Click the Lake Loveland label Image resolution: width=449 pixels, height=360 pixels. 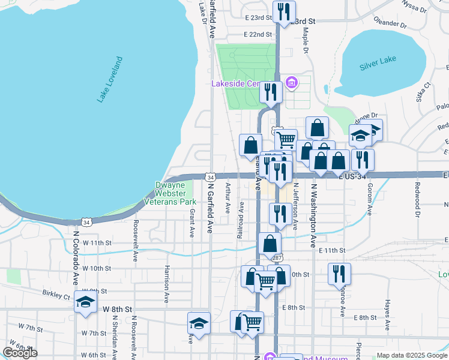coord(110,80)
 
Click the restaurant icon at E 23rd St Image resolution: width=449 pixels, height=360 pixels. coord(283,11)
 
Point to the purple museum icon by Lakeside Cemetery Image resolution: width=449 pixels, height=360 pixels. coord(292,83)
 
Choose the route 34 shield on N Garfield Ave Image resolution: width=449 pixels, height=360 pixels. coord(209,178)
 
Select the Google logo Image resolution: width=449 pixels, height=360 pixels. coord(20,353)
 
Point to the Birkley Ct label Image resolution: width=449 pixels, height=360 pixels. coord(56,295)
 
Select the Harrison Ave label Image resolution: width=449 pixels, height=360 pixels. coord(166,283)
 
